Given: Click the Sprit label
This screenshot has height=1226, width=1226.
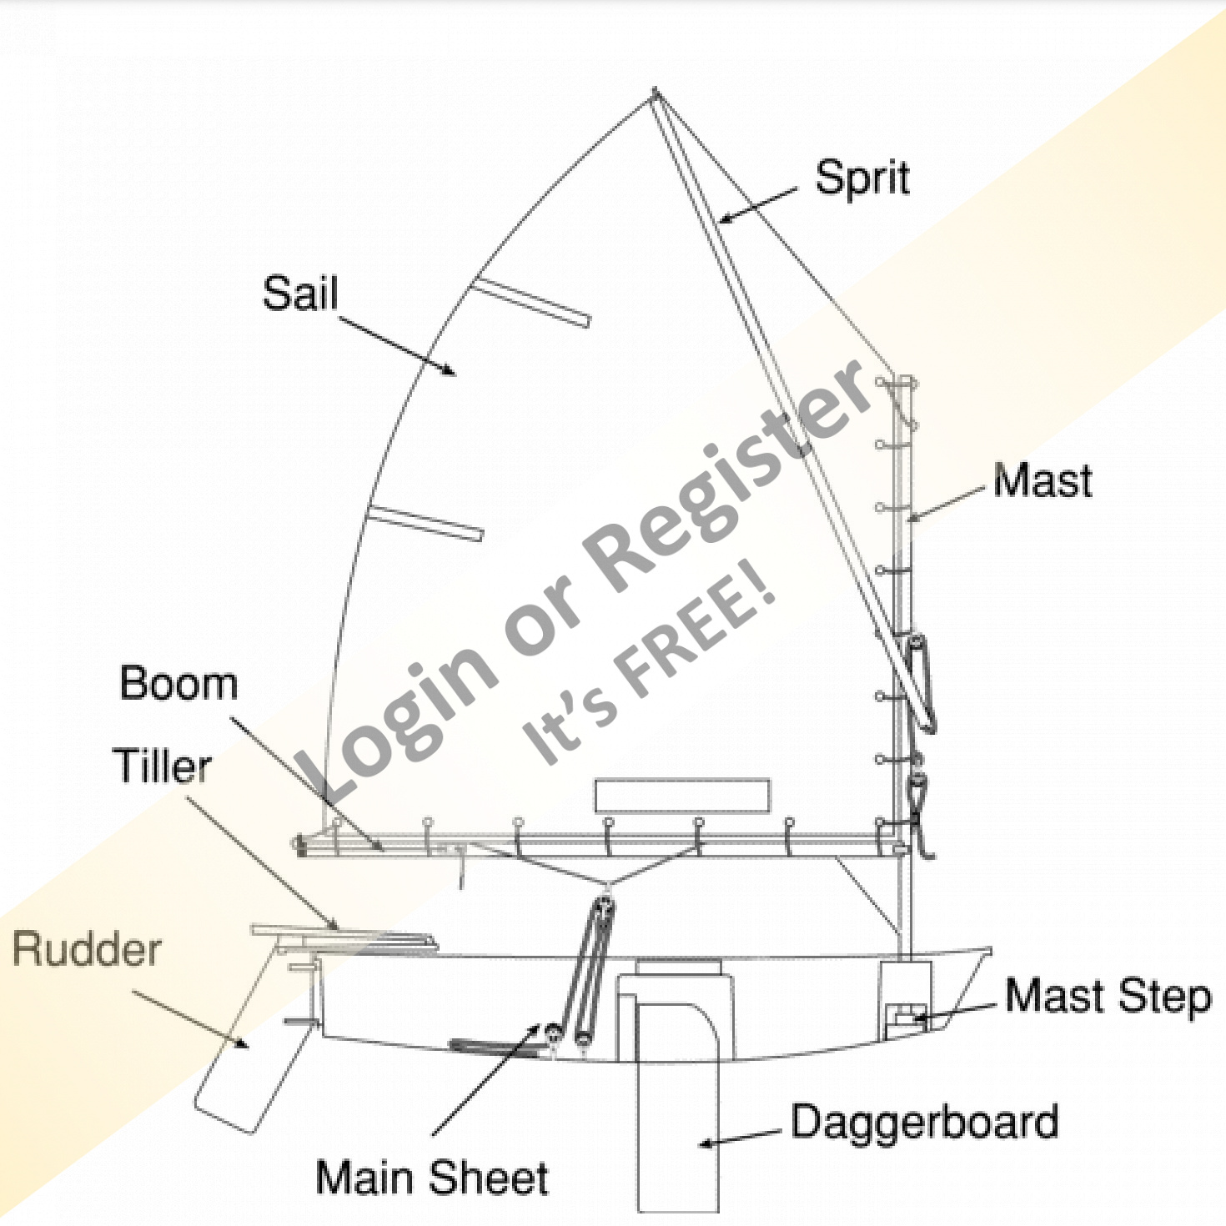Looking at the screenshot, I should coord(862,178).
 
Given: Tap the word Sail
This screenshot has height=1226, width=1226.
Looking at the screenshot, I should coord(300,294).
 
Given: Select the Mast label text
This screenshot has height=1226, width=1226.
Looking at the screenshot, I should coord(1043,481).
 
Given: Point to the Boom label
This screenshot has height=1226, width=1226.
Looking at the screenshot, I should coord(178,684).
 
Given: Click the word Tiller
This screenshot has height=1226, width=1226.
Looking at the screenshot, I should coord(162,766).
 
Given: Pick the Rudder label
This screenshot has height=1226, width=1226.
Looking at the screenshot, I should coord(87,950).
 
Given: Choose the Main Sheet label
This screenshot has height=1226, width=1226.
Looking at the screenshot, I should coord(432,1178).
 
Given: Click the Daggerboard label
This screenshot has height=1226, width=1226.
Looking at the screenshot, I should coord(924,1123).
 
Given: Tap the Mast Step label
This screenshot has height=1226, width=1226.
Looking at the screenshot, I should coord(1108,997).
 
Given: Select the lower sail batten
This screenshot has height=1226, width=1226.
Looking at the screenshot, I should coord(425,523).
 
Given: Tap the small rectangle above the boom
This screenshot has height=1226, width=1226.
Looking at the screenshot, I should coord(682,796).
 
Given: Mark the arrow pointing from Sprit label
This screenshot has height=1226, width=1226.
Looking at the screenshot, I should coord(757,206).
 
